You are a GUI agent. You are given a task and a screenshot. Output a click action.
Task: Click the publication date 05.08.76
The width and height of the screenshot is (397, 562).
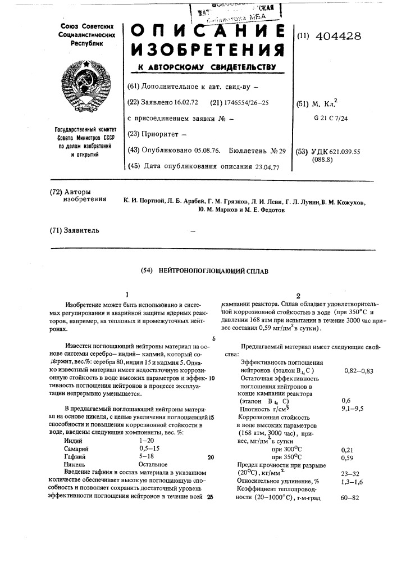pyautogui.click(x=203, y=150)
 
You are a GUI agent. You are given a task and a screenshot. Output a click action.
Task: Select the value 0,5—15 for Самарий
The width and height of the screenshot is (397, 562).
pyautogui.click(x=149, y=449)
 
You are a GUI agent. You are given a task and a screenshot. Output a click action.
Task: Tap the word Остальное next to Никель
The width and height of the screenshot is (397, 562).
pyautogui.click(x=153, y=465)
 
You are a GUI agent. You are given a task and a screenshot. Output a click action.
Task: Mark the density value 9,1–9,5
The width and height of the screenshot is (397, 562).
pyautogui.click(x=353, y=409)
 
